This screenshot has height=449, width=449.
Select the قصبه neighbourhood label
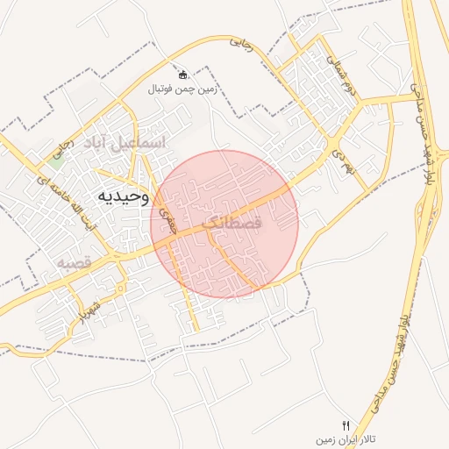tap(75, 262)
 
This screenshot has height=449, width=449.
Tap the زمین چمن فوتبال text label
tap(182, 89)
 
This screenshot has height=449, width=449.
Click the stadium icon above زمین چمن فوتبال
tap(182, 75)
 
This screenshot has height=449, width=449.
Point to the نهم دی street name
tap(340, 156)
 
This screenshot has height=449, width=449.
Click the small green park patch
tap(56, 161)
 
